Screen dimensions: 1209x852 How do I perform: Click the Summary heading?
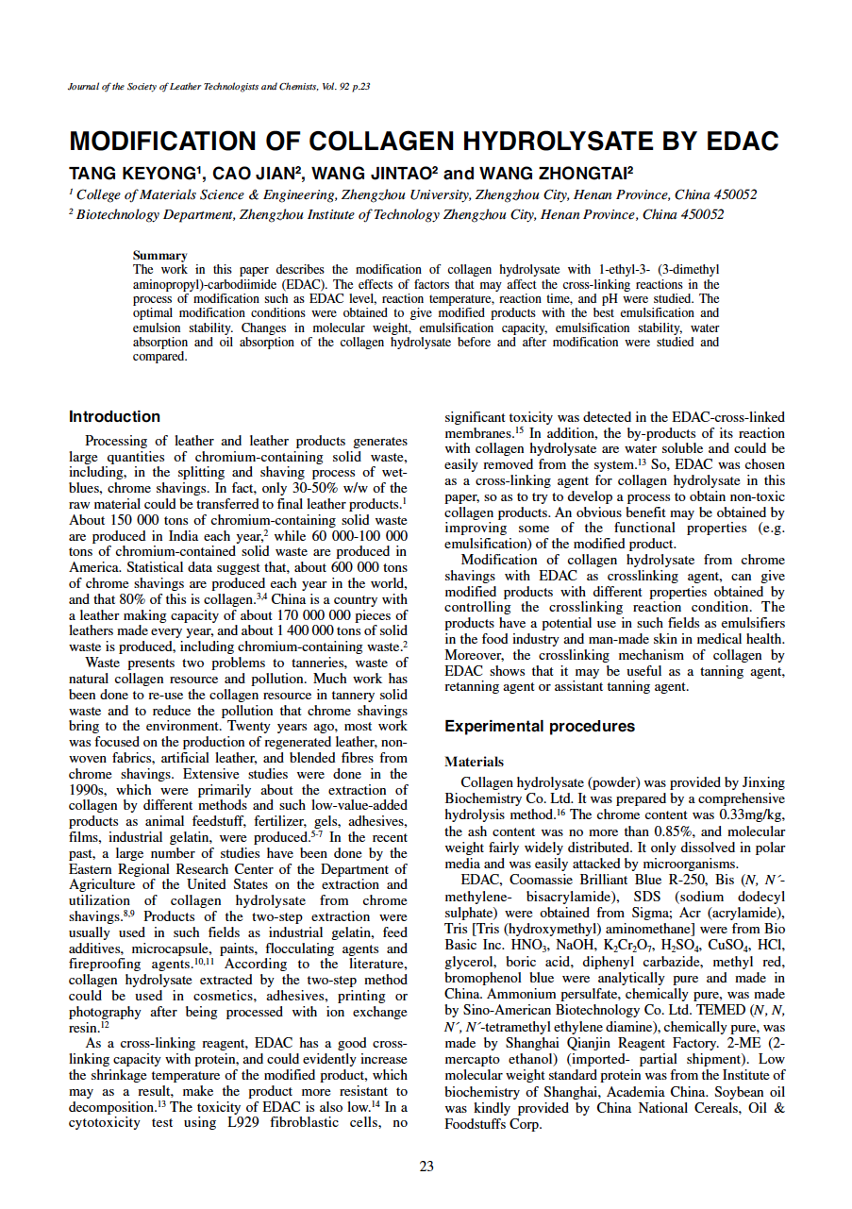point(159,255)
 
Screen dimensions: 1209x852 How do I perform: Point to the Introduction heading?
point(114,416)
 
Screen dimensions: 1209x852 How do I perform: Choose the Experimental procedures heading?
point(539,727)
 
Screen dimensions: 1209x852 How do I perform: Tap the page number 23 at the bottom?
point(426,1167)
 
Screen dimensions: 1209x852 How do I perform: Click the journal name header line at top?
point(219,87)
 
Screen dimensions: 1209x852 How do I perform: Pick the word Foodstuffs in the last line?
point(477,1124)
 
